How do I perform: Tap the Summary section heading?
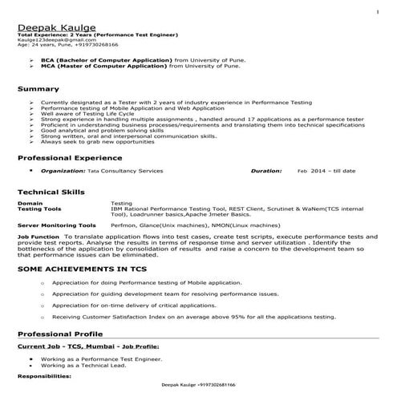pos(38,88)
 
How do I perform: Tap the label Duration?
pos(266,172)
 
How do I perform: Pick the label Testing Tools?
pos(40,209)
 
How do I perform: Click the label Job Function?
pos(38,237)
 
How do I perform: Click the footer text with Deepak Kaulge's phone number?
pos(198,385)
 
